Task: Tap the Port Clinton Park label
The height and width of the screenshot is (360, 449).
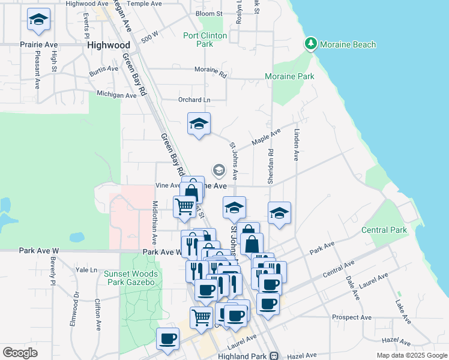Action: tap(205, 40)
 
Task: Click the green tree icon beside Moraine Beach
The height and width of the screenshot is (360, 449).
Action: tap(310, 44)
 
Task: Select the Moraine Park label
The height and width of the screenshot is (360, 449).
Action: tap(289, 77)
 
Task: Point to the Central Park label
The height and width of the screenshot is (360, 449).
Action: tap(384, 230)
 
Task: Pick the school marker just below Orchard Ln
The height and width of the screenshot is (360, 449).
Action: tap(199, 124)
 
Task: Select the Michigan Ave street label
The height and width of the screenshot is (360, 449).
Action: tap(116, 95)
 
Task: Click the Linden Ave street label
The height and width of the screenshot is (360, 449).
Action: tap(296, 145)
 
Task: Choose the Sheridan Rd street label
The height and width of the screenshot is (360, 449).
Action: tap(271, 166)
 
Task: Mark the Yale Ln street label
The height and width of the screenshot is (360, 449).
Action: tap(86, 270)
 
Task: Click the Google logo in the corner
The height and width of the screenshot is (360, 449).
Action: tap(20, 353)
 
